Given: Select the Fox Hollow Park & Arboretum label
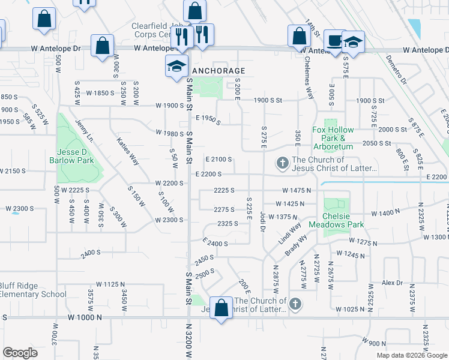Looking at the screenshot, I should [x=333, y=138].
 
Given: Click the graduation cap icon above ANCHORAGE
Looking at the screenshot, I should [x=177, y=65].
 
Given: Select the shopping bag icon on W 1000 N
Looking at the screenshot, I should [x=221, y=308].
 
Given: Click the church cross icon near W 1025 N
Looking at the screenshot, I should [x=295, y=304].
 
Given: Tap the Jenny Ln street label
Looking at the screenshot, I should [x=85, y=131].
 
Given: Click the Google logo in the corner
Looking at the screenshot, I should [x=20, y=352].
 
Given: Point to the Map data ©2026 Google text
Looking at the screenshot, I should [x=411, y=355].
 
